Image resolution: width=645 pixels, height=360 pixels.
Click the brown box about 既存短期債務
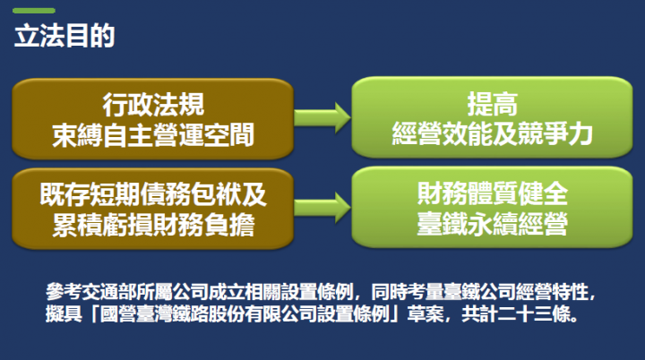153,209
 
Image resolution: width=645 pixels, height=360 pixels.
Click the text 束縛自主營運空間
153,134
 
